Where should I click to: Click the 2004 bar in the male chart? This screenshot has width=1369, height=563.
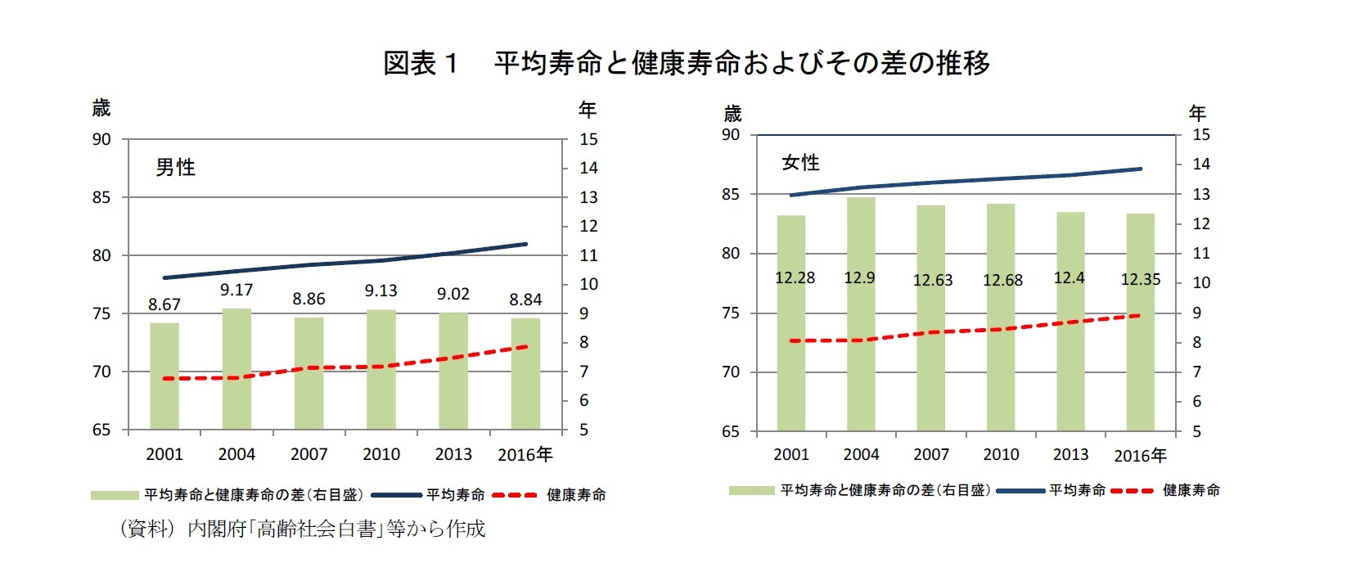coord(236,369)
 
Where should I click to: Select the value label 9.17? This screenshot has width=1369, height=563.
coord(236,290)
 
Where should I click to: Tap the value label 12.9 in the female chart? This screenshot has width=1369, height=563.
coord(859,278)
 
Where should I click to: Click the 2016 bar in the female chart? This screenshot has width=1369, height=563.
coord(1140,360)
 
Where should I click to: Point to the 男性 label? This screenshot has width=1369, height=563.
coord(175,168)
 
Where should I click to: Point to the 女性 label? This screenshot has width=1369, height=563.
coord(800,163)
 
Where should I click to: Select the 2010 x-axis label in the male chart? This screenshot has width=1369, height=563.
coord(381,454)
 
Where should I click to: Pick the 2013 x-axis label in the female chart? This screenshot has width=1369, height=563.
coord(1070,455)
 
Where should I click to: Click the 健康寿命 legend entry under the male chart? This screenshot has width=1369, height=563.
coord(576,495)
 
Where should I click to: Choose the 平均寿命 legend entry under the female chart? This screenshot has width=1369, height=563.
coord(1077,490)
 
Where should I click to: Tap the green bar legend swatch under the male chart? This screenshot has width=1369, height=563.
coord(115,495)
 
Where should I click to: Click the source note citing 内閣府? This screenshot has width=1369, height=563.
coord(303,529)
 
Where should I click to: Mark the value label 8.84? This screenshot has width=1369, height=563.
coord(525,300)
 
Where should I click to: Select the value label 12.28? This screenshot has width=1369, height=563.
coord(795,278)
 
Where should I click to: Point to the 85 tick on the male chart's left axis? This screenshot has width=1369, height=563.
coord(101,197)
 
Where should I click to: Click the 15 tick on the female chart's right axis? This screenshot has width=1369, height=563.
coord(1200,135)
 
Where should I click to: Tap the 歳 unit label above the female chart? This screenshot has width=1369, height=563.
coord(732,113)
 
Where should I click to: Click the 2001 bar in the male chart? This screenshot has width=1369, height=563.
coord(164,376)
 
